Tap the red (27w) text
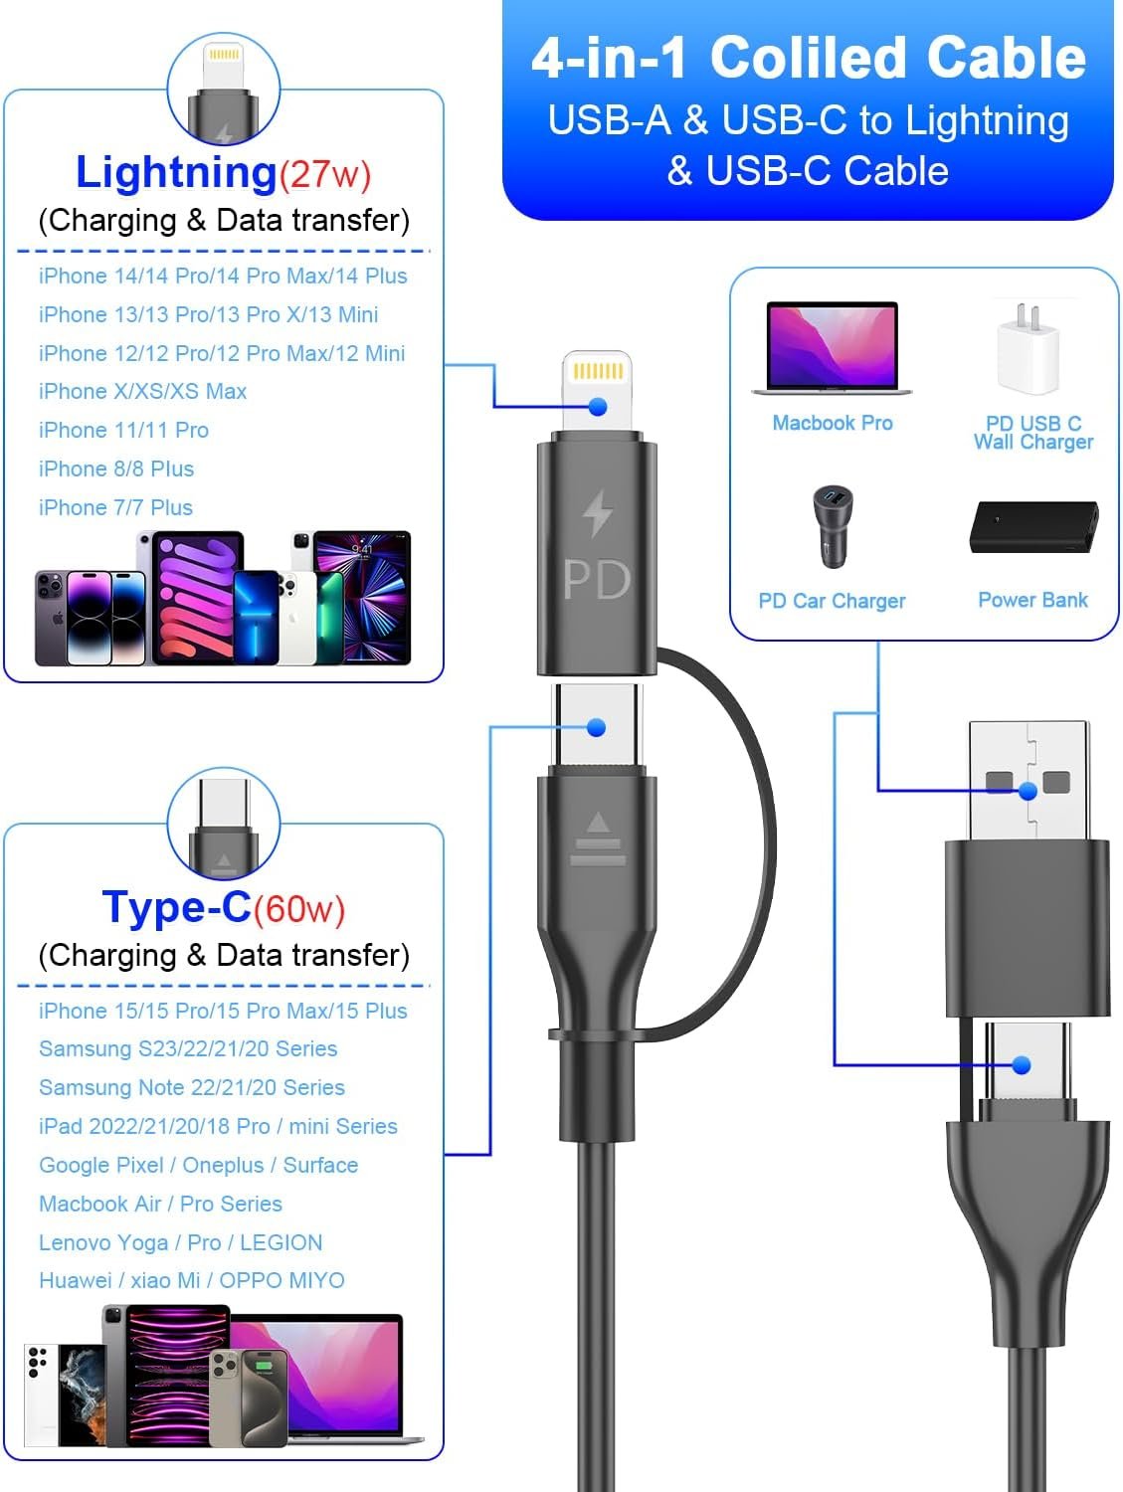pos(325,174)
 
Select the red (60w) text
pos(299,909)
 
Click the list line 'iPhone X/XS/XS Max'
pos(143,392)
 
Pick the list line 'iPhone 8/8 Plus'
pos(116,469)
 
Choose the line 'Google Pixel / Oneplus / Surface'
pos(199,1165)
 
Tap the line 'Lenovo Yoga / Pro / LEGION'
pos(180,1242)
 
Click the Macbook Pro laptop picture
pos(832,348)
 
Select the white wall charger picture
pos(1028,349)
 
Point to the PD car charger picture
pos(833,526)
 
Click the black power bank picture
pos(1033,527)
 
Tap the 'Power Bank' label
pos(1032,600)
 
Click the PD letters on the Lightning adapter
pos(597,580)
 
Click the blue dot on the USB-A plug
pos(1028,791)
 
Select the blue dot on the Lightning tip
pos(598,407)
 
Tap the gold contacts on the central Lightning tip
pos(598,370)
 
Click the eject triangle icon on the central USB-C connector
pos(598,823)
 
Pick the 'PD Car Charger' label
pos(832,601)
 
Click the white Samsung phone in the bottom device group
pos(42,1395)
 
